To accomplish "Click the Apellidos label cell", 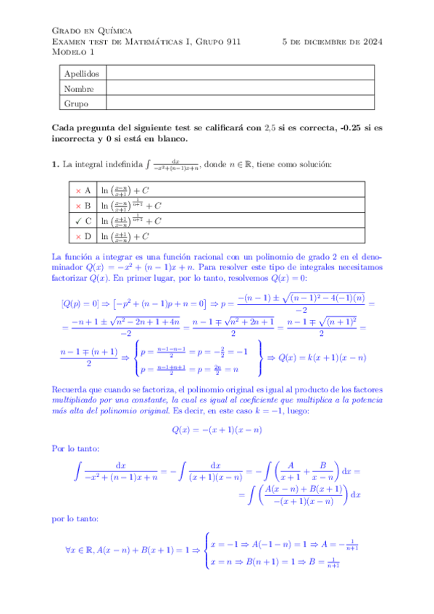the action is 81,74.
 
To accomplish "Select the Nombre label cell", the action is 79,88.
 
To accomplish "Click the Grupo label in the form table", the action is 76,104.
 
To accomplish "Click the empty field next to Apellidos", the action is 239,74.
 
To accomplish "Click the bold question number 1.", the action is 55,164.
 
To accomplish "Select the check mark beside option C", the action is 78,221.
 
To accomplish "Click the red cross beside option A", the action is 78,190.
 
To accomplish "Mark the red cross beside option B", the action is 78,206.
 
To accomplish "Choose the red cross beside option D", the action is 78,236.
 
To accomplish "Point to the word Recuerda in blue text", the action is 72,390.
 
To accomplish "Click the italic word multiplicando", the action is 79,400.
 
